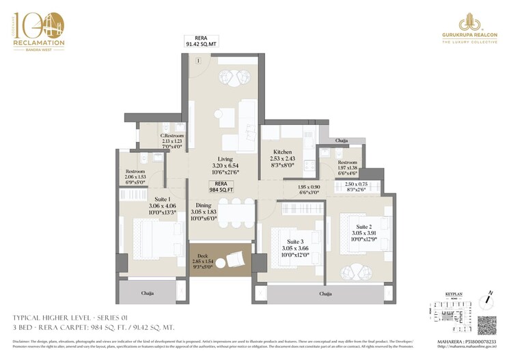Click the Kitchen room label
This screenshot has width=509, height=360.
pyautogui.click(x=283, y=152)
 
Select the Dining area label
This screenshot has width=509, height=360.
pyautogui.click(x=204, y=205)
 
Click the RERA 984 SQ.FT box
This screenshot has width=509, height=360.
pyautogui.click(x=221, y=187)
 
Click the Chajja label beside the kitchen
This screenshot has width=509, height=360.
pyautogui.click(x=342, y=141)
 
